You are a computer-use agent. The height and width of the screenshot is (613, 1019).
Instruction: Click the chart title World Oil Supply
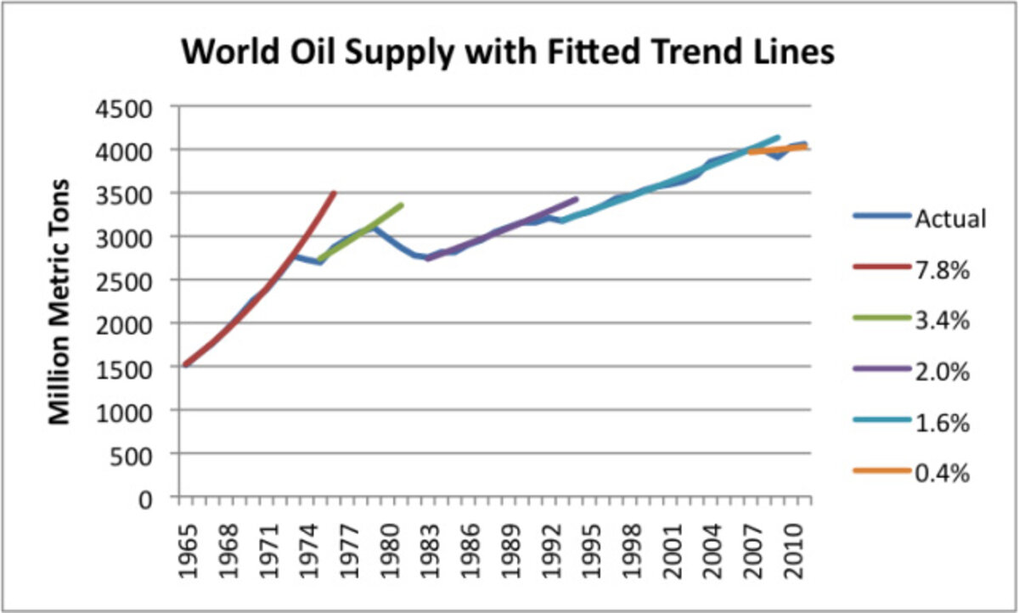(509, 53)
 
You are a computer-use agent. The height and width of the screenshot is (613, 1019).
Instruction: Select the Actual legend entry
(950, 218)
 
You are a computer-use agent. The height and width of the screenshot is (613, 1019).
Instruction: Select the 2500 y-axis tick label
(129, 280)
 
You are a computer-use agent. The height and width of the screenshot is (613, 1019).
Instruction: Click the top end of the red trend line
(335, 193)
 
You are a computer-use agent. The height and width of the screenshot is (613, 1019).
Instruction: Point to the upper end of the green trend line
(402, 205)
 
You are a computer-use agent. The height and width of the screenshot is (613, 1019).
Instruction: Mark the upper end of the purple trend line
(577, 200)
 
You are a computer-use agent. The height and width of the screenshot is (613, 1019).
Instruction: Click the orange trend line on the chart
(777, 149)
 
